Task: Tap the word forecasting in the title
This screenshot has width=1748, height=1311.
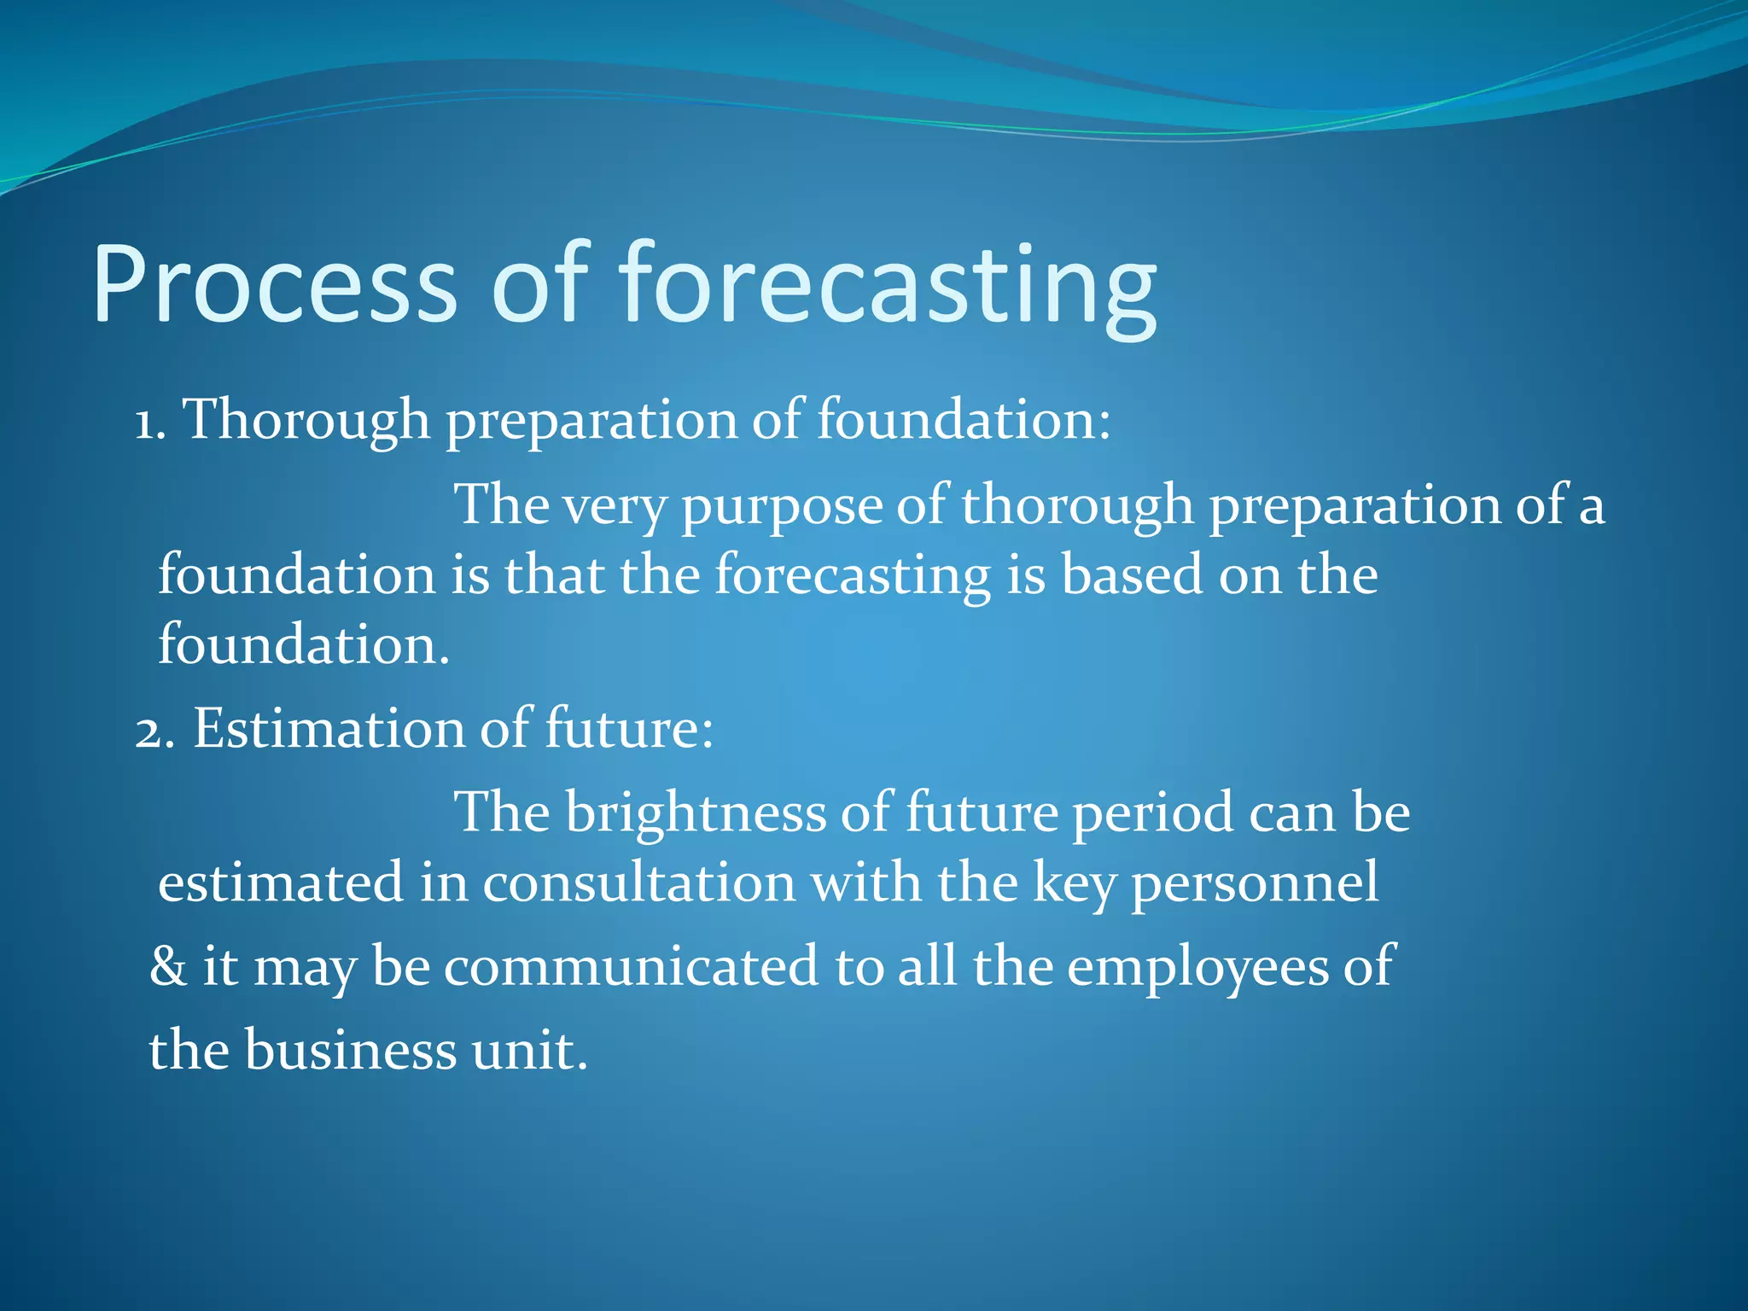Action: [x=888, y=284]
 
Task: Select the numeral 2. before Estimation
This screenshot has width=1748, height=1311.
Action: [x=154, y=730]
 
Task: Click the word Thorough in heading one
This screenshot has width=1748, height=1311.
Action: [x=307, y=421]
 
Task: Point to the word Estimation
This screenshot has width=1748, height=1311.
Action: [x=328, y=730]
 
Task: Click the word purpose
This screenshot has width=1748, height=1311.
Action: [x=780, y=506]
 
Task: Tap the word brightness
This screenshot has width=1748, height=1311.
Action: [x=696, y=813]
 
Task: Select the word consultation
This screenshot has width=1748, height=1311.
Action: [x=639, y=883]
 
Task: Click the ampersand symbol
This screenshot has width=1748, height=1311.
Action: [x=167, y=967]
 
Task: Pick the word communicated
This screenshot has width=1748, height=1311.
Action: [x=631, y=967]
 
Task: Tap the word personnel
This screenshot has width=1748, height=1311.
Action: [x=1254, y=883]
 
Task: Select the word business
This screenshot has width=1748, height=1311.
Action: [x=350, y=1051]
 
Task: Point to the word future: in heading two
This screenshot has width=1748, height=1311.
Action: [x=628, y=730]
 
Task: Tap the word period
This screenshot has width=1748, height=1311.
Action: [x=1152, y=813]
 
